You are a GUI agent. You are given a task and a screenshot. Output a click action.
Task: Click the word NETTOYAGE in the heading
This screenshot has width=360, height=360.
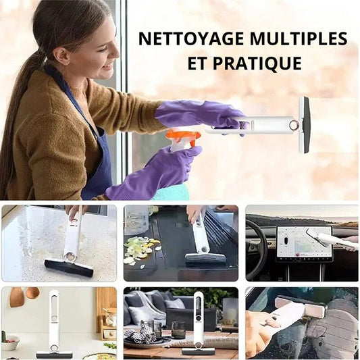tap(191, 38)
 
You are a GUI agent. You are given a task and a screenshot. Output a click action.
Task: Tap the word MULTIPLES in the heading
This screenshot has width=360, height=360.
tap(299, 38)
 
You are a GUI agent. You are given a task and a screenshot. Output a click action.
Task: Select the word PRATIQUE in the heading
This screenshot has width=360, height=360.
tap(257, 63)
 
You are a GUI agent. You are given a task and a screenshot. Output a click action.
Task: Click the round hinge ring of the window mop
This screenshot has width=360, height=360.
tap(293, 125)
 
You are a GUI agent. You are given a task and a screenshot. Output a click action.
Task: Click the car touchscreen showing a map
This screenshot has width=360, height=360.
tap(304, 242)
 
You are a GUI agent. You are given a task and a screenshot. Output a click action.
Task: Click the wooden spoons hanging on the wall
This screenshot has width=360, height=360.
tap(24, 297)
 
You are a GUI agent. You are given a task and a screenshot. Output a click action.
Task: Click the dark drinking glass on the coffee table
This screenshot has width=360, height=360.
tap(178, 330)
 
